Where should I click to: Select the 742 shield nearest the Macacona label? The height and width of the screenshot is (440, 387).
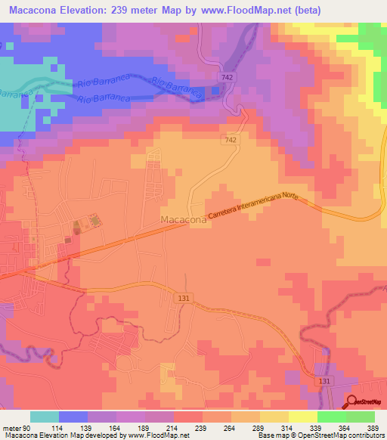(x=231, y=141)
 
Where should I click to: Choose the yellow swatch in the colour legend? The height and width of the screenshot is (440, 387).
(x=302, y=417)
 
